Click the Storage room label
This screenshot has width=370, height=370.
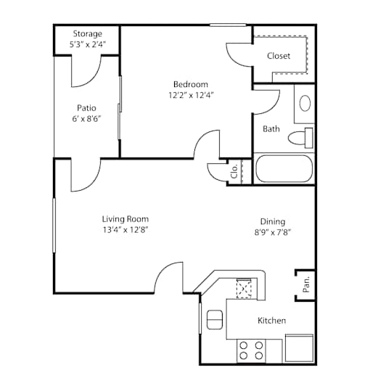pyautogui.click(x=88, y=34)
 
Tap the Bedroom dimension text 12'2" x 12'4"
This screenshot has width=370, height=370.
pyautogui.click(x=191, y=95)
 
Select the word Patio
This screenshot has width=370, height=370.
pyautogui.click(x=86, y=108)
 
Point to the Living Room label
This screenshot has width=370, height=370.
pyautogui.click(x=126, y=219)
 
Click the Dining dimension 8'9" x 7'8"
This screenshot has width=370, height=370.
pyautogui.click(x=273, y=232)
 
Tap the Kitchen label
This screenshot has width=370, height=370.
pyautogui.click(x=272, y=321)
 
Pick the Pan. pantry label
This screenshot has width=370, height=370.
pyautogui.click(x=306, y=284)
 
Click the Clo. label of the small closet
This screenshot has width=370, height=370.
pyautogui.click(x=234, y=171)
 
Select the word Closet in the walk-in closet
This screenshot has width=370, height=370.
pyautogui.click(x=279, y=56)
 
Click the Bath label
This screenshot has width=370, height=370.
pyautogui.click(x=271, y=129)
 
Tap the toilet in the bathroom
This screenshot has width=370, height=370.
pyautogui.click(x=300, y=138)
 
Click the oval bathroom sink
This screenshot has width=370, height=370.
pyautogui.click(x=305, y=103)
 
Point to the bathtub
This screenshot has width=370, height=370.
pyautogui.click(x=284, y=168)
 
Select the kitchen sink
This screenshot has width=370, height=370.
pyautogui.click(x=215, y=320)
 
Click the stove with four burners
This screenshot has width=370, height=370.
pyautogui.click(x=251, y=350)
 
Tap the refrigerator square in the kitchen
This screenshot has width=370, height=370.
pyautogui.click(x=300, y=348)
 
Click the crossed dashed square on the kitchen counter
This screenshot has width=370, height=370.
pyautogui.click(x=244, y=288)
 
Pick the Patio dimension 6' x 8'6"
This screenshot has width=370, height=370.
pyautogui.click(x=86, y=119)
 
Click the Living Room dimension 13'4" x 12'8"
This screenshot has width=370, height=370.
pyautogui.click(x=126, y=230)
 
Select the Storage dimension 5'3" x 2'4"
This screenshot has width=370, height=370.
pyautogui.click(x=88, y=44)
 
